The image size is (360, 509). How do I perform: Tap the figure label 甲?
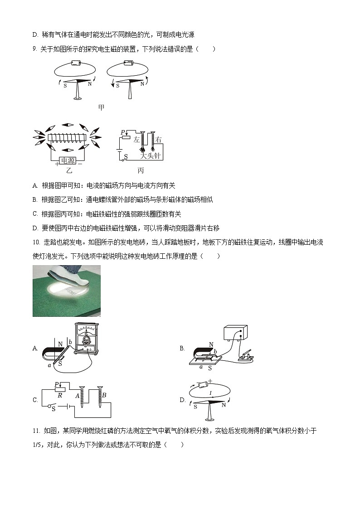pyautogui.click(x=102, y=107)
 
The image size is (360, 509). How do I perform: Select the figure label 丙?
pyautogui.click(x=141, y=170)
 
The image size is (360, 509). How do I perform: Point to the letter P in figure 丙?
pyautogui.click(x=122, y=132)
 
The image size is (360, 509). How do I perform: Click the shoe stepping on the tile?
pyautogui.click(x=75, y=277)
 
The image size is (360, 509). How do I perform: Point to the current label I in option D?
pyautogui.click(x=210, y=393)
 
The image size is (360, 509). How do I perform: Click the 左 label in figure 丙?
pyautogui.click(x=136, y=140)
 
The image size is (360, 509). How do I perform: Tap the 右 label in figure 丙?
pyautogui.click(x=158, y=140)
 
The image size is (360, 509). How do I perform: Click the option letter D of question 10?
pyautogui.click(x=182, y=400)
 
